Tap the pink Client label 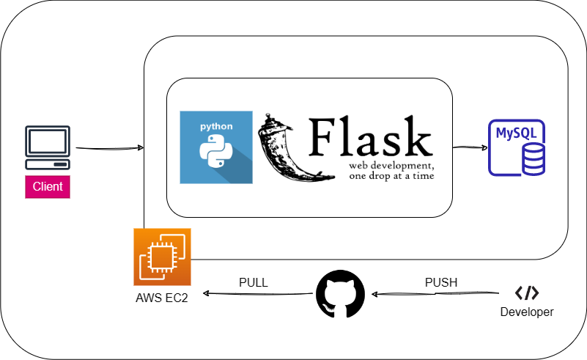(x=48, y=187)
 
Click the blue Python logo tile (x=216, y=147)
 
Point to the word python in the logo (x=216, y=127)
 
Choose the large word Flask (x=370, y=137)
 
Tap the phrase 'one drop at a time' (x=391, y=176)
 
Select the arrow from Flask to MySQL (x=470, y=147)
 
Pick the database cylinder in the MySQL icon (x=532, y=158)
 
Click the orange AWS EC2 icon (x=162, y=257)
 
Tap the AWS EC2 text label (x=162, y=298)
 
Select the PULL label (x=254, y=282)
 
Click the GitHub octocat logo (x=340, y=294)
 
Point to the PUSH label (x=440, y=282)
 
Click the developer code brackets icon (x=526, y=293)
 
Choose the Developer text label (x=526, y=312)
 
